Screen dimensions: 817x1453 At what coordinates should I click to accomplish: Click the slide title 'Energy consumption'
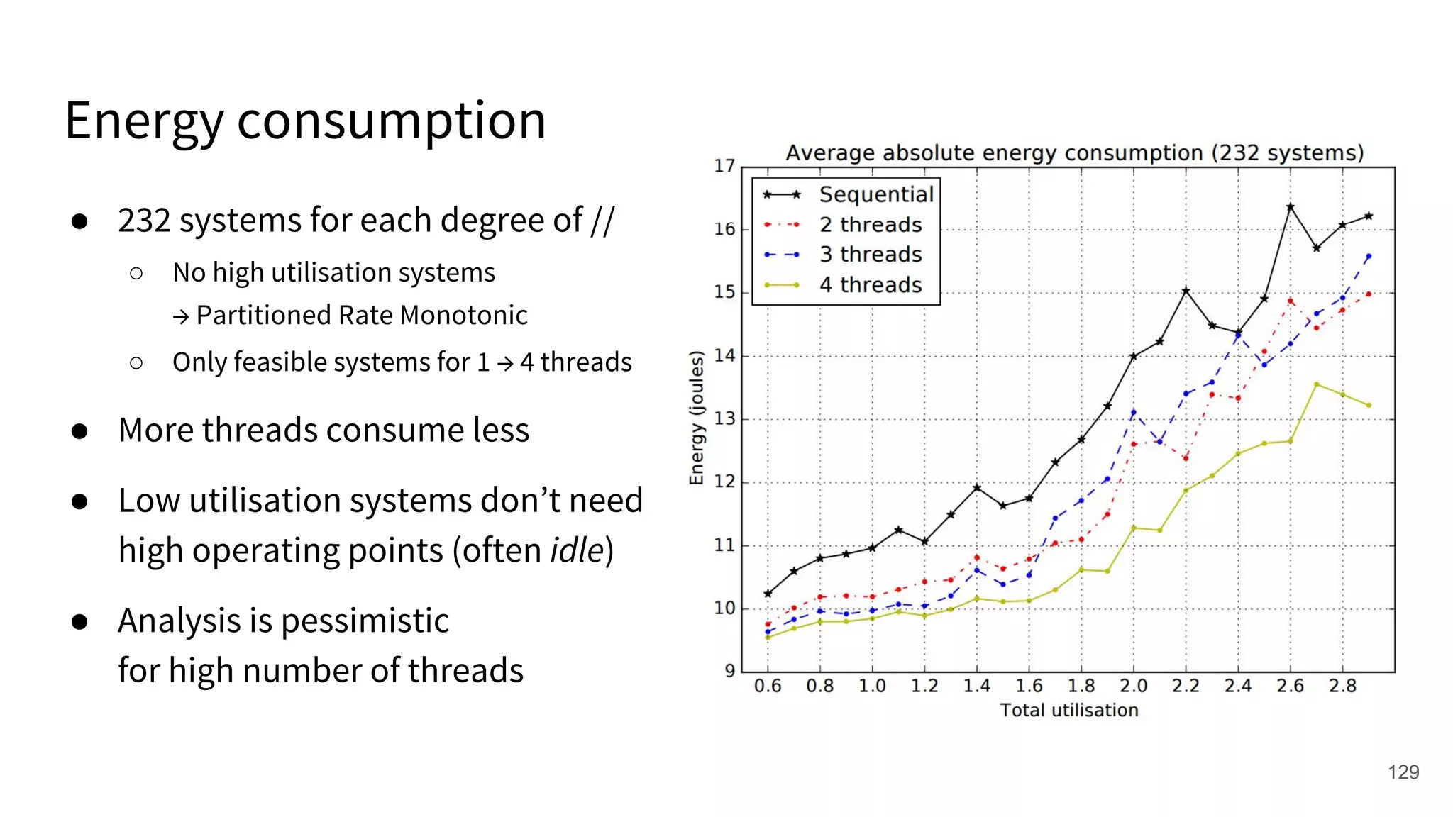pos(305,121)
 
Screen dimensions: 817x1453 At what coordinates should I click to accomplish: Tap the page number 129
pos(1403,772)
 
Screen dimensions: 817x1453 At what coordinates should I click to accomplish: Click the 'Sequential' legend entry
pos(875,194)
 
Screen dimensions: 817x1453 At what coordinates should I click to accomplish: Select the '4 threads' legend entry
pos(870,285)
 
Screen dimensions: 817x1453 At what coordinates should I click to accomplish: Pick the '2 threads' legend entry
pos(870,225)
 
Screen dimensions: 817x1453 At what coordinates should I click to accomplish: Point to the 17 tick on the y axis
pos(724,166)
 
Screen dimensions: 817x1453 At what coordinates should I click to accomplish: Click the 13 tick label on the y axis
pos(724,419)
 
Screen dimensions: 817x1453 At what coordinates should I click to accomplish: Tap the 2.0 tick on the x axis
pos(1133,687)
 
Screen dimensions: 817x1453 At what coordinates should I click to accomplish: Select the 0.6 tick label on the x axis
pos(767,687)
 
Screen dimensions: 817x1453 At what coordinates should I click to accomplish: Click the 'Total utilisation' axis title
pos(1068,711)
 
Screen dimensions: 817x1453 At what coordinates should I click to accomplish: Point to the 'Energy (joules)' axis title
pos(697,418)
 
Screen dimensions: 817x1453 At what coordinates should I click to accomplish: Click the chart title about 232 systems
pos(1074,153)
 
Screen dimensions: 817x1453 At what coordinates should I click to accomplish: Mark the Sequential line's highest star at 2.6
pos(1290,207)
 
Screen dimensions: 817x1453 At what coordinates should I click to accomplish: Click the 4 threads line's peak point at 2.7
pos(1316,384)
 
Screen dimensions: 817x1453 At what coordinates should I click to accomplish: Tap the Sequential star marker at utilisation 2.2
pos(1186,291)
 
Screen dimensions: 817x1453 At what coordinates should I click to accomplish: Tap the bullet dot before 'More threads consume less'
pos(79,431)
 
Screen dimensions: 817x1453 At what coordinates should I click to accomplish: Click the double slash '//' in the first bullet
pos(602,221)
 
